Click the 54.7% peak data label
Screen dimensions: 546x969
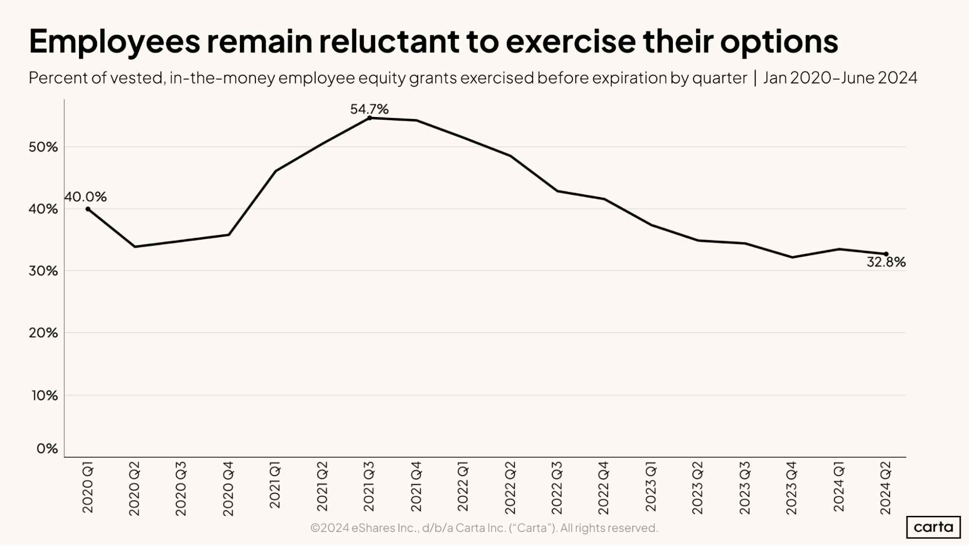[x=369, y=109]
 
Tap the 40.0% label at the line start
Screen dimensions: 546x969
[x=85, y=197]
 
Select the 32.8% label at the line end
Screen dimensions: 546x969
[x=886, y=262]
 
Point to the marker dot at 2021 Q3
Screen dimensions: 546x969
[x=369, y=118]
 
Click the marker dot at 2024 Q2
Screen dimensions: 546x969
[x=886, y=254]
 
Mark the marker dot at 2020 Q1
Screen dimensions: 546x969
[x=88, y=209]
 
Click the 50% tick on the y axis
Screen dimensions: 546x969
[x=43, y=147]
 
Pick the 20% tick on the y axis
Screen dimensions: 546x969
[x=43, y=333]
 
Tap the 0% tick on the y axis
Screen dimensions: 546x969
[x=47, y=448]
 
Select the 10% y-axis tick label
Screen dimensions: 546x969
[x=45, y=396]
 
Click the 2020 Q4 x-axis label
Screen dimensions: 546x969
[x=228, y=488]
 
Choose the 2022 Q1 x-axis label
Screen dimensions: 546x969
[x=463, y=487]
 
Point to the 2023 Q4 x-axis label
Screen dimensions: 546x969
[x=792, y=488]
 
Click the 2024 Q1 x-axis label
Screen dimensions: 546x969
[x=839, y=487]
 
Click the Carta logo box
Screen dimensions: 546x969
[x=933, y=527]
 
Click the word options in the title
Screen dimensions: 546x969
[x=778, y=41]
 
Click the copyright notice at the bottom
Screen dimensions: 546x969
[x=484, y=528]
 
